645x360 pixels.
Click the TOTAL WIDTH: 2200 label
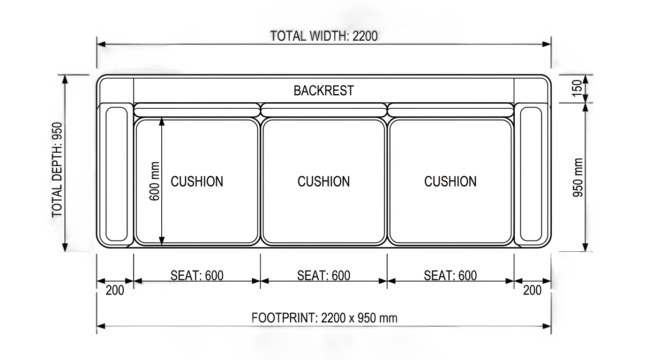click(323, 36)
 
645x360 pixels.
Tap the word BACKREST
click(323, 90)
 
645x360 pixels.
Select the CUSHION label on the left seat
click(197, 181)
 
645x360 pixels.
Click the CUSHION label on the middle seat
click(323, 181)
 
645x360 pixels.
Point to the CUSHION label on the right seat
click(450, 181)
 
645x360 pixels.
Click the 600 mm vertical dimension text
click(154, 181)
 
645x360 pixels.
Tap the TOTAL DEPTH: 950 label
click(57, 170)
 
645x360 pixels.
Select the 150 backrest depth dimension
click(577, 89)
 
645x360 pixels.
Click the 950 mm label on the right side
click(578, 177)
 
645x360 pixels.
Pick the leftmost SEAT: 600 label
click(197, 275)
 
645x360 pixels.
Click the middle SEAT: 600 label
click(323, 275)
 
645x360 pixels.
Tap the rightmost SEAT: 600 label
click(450, 275)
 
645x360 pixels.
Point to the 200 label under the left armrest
click(115, 290)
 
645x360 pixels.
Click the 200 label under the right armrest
click(532, 290)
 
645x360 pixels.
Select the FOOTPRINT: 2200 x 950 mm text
click(324, 318)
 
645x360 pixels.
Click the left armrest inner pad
click(117, 174)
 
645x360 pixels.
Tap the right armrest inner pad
click(531, 174)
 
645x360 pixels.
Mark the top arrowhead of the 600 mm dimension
click(162, 121)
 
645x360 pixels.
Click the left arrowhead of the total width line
click(101, 45)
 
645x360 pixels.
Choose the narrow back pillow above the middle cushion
click(323, 110)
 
